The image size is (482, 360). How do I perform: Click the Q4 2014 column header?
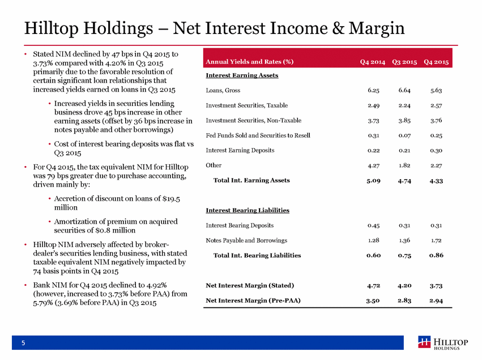click(x=373, y=62)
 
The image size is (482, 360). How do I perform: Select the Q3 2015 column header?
click(x=404, y=62)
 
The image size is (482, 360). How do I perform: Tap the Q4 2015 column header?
click(x=436, y=62)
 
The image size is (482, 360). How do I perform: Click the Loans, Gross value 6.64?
click(x=404, y=90)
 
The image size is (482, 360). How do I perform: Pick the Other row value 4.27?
click(x=373, y=166)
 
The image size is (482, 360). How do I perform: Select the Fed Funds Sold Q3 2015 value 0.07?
click(x=404, y=135)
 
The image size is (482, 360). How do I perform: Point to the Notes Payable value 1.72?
click(x=436, y=240)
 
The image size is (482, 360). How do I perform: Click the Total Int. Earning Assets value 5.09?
click(x=373, y=181)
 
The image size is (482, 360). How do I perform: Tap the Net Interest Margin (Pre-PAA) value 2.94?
click(x=436, y=300)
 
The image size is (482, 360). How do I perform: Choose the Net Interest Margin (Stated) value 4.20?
click(x=404, y=286)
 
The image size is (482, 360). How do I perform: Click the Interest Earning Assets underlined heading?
click(x=242, y=75)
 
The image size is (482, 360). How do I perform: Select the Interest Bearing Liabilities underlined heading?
click(x=248, y=210)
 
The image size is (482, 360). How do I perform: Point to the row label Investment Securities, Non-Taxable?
click(x=254, y=120)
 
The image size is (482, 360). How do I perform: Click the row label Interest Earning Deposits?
click(x=240, y=150)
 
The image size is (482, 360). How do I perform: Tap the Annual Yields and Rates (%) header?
click(x=250, y=62)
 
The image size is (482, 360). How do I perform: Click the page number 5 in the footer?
click(x=23, y=343)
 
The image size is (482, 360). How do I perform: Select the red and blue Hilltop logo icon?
click(x=425, y=342)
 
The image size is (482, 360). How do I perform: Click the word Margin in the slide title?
click(x=377, y=28)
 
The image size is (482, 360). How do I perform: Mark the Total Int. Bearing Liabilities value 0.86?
click(x=436, y=255)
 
